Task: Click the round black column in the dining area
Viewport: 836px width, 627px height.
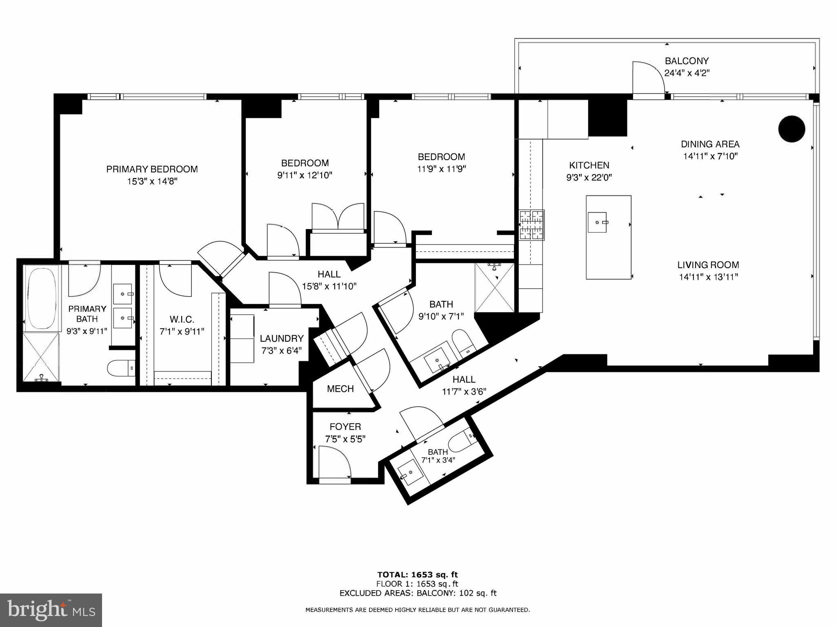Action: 792,129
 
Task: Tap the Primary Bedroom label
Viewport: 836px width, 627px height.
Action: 152,169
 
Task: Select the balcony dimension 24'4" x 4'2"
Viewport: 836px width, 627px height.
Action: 687,73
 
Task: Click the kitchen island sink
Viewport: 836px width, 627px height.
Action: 597,222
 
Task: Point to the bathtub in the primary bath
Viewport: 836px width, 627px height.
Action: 41,297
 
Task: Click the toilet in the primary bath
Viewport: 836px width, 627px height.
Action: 121,368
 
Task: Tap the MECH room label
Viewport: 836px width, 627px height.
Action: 340,389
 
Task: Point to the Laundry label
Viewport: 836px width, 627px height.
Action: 282,338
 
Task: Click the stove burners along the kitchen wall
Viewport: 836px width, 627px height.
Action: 531,225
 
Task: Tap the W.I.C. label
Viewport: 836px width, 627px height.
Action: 182,319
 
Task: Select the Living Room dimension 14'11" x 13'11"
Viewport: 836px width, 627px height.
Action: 708,277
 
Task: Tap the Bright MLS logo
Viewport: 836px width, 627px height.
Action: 51,610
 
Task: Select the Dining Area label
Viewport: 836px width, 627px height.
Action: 710,144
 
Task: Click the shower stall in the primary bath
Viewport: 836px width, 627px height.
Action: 41,358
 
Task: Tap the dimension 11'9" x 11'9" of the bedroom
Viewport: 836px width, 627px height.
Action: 441,169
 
